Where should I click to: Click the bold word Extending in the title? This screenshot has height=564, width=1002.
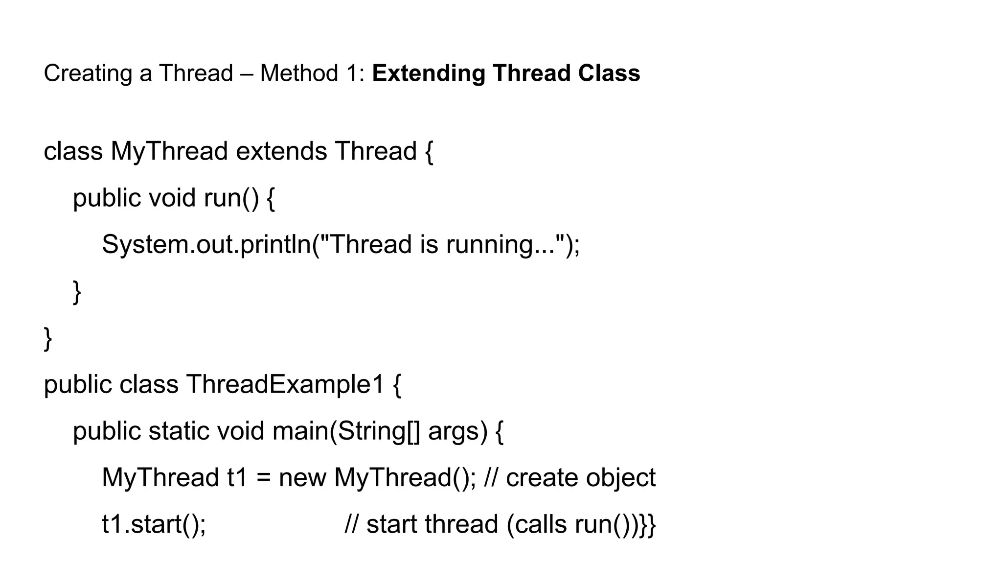(x=428, y=73)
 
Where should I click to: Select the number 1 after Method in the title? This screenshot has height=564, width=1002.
(x=357, y=73)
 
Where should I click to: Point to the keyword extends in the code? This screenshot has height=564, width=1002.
(x=281, y=151)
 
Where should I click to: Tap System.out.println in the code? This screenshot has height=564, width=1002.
(x=206, y=244)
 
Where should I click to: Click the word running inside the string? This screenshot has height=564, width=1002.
(x=489, y=244)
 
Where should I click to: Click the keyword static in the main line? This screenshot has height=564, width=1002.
(x=179, y=431)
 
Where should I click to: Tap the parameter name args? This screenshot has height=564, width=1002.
(x=457, y=431)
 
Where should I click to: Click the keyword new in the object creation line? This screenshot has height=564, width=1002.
(x=302, y=477)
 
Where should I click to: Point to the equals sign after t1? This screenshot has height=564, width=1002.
(x=263, y=477)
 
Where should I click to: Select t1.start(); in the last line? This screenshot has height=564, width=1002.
(x=154, y=524)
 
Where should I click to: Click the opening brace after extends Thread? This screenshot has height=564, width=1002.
(x=429, y=151)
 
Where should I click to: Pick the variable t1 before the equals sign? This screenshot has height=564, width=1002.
(x=238, y=477)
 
